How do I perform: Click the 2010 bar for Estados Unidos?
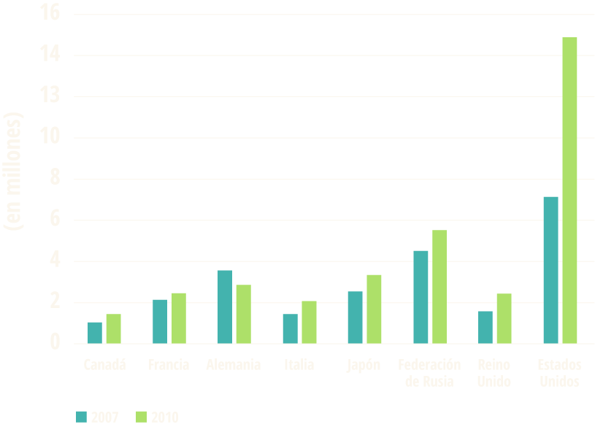569,190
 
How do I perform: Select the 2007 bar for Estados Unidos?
551,269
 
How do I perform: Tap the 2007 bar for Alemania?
225,307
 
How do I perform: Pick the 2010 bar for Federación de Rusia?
439,286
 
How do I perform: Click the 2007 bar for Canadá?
95,332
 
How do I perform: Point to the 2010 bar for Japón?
374,309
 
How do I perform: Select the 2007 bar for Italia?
290,328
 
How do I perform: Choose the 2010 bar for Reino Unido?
504,318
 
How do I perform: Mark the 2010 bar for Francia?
179,318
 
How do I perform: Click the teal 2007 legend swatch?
82,418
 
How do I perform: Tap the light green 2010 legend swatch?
142,418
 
